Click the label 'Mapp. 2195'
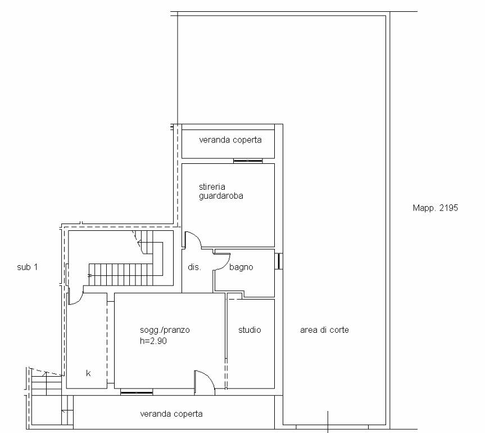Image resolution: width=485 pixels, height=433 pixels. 435,208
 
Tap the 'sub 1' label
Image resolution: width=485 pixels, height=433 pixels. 28,267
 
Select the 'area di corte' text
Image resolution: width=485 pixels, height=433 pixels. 324,330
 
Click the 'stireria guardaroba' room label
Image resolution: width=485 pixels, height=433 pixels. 221,191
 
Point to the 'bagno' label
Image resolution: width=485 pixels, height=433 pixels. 241,267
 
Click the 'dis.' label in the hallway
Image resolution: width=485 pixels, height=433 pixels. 194,267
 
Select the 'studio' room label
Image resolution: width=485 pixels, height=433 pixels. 250,330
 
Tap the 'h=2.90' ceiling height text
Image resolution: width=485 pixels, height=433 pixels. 153,341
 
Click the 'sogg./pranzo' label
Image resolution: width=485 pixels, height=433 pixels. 165,330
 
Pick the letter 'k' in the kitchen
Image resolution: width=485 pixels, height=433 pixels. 88,373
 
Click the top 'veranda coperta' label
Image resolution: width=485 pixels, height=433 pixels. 230,140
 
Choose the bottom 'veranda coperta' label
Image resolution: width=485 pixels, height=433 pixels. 171,414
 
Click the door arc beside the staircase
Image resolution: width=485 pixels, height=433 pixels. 79,300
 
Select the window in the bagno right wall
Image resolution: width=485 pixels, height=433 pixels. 279,261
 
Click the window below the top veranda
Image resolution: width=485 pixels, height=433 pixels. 248,161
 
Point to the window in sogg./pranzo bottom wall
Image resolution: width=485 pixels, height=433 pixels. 137,392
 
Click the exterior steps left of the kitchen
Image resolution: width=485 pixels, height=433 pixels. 47,382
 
